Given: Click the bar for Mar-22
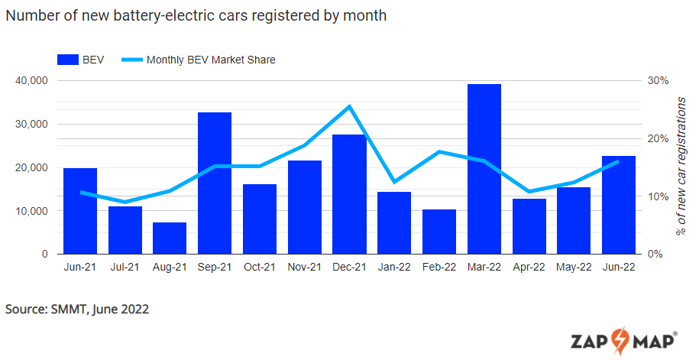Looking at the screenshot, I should click(484, 169).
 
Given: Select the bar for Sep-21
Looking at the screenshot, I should click(214, 183).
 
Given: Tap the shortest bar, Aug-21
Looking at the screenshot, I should click(170, 238).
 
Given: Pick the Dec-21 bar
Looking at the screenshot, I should click(349, 194).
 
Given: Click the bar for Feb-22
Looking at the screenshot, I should click(438, 232).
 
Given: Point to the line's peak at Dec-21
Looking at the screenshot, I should click(349, 106).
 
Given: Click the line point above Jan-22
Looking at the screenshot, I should click(394, 182).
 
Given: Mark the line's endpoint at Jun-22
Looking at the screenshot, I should click(618, 161).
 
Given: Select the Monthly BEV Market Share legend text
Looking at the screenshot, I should click(211, 60).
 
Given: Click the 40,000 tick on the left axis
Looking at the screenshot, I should click(31, 80).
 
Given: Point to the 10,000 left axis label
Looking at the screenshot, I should click(31, 211).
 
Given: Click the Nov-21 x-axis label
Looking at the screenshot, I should click(304, 268).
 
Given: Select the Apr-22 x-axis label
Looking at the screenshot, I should click(529, 268).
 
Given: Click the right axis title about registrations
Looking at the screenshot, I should click(681, 166).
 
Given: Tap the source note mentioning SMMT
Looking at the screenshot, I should click(77, 310).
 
